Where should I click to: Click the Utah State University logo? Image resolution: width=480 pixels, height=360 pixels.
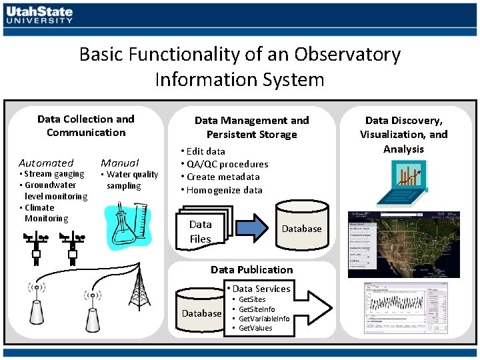click(x=39, y=15)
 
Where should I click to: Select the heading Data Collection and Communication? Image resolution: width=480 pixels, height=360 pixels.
click(x=86, y=125)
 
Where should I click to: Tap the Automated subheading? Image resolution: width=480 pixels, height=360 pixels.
click(x=46, y=163)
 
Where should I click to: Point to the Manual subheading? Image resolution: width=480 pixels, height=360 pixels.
click(x=119, y=163)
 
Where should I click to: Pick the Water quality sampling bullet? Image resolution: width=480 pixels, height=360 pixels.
click(x=129, y=180)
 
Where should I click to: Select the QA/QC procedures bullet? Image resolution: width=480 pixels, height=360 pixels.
click(x=224, y=164)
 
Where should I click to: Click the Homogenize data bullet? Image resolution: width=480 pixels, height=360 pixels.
click(x=221, y=190)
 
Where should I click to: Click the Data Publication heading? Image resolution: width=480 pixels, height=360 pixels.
click(x=251, y=269)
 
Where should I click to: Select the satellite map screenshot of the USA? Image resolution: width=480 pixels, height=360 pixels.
click(x=404, y=245)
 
